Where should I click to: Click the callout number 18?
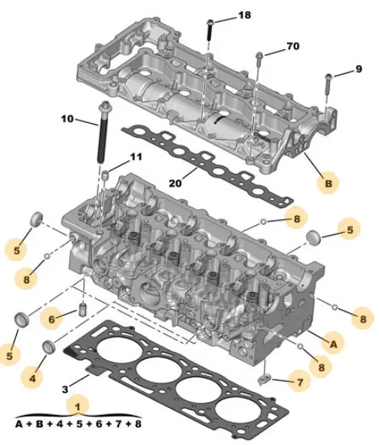point(245,15)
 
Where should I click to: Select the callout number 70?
point(293,46)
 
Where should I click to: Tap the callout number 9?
point(358,69)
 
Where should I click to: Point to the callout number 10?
point(68,118)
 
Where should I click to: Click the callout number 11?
point(136,157)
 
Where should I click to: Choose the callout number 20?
point(175,184)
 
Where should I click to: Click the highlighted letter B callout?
point(328,184)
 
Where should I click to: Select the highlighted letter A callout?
point(334,344)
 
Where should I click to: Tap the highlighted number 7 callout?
point(300,382)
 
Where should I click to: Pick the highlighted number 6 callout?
point(51,319)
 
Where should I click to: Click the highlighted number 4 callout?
point(32,378)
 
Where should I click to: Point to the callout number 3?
point(65,390)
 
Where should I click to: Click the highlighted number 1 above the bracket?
point(77,407)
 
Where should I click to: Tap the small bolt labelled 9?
point(328,87)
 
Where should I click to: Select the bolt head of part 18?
point(210,22)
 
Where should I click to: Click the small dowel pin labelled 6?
point(82,310)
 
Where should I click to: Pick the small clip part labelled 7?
point(265,379)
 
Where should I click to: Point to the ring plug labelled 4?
point(49,347)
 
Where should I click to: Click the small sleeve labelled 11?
point(105,175)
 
